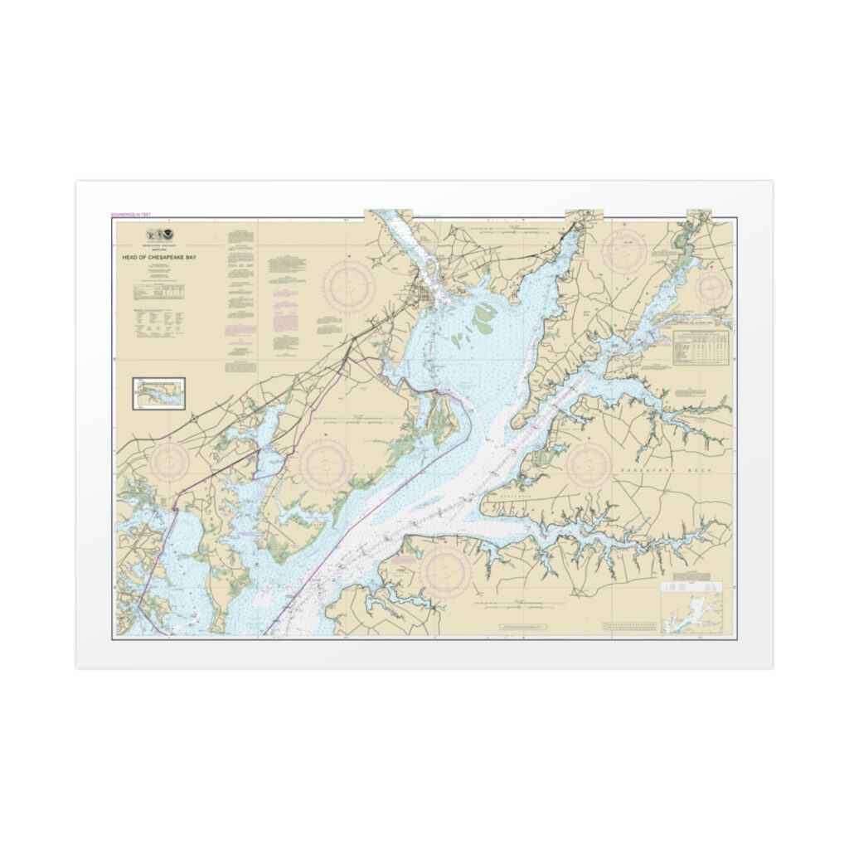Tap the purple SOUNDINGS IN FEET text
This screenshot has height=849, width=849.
click(130, 215)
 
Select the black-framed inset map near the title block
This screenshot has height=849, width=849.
click(158, 393)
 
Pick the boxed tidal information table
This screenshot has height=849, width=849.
click(702, 347)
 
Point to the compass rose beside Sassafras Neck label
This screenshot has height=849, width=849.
click(589, 463)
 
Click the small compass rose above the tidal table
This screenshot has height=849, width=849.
click(712, 288)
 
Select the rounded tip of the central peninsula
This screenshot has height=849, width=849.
click(517, 424)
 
